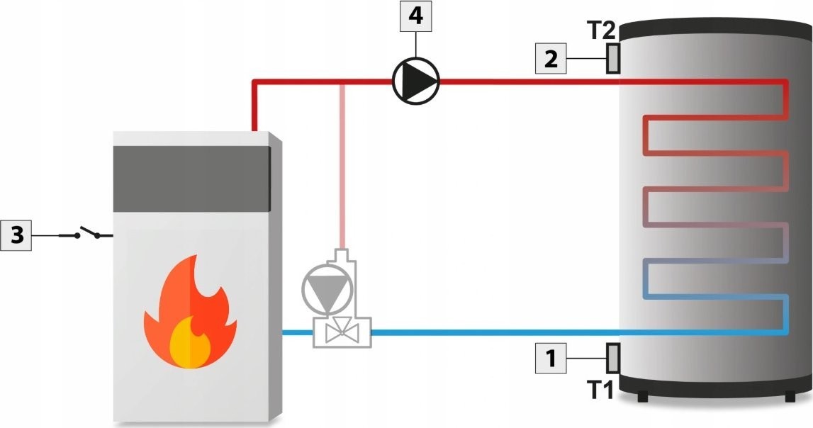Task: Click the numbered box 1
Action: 551,359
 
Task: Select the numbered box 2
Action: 551,59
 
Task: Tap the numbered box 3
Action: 16,235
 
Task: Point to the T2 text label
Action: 602,30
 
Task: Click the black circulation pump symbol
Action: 416,81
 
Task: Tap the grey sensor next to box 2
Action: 612,58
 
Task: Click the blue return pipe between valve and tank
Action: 496,332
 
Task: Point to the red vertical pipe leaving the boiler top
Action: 254,106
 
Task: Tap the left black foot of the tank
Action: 642,396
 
